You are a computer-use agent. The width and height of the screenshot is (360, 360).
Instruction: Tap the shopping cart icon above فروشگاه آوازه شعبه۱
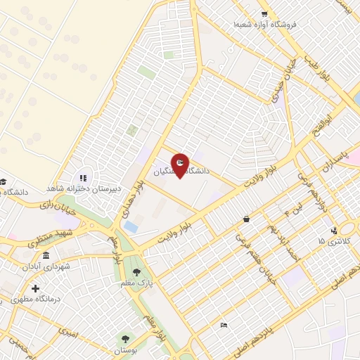(264, 13)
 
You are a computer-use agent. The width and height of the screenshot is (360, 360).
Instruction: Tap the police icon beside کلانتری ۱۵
(335, 230)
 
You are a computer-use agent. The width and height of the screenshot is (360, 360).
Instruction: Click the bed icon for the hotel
(224, 324)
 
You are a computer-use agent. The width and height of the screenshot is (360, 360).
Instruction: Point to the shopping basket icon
(245, 219)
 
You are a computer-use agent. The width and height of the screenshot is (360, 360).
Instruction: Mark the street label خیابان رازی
(56, 204)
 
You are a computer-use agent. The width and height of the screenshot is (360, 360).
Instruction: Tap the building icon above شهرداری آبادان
(46, 255)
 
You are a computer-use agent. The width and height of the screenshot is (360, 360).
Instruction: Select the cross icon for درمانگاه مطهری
(35, 288)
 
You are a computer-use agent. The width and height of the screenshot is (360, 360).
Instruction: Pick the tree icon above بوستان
(127, 338)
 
